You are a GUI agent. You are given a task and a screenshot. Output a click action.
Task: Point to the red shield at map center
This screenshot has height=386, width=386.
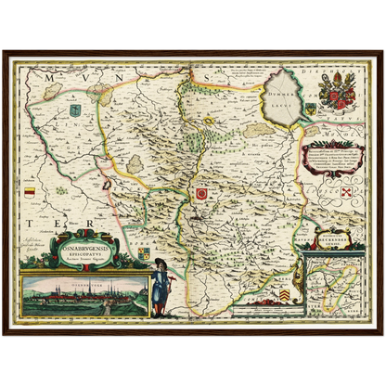click(x=200, y=194)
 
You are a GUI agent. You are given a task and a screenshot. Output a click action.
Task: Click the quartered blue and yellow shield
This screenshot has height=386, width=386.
click(x=144, y=252)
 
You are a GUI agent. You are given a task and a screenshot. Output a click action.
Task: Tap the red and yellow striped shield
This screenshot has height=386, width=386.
click(x=29, y=191)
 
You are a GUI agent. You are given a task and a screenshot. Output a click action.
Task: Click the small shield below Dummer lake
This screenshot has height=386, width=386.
click(x=310, y=109)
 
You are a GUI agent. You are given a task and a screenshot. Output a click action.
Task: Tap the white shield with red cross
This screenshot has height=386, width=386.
click(x=347, y=192)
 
